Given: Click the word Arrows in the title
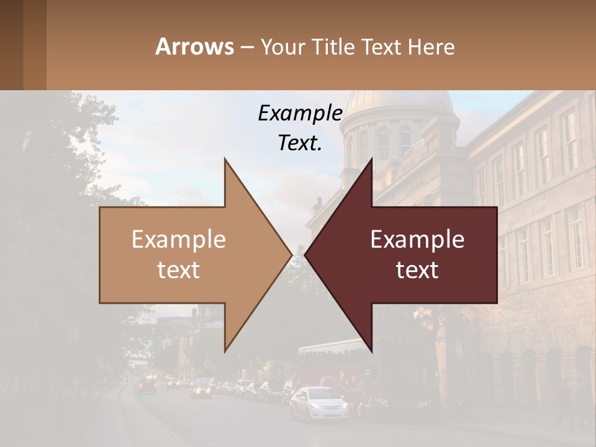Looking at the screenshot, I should click(x=194, y=47).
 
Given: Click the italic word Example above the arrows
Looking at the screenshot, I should click(x=300, y=113).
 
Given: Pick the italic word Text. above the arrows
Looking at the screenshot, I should click(x=300, y=143).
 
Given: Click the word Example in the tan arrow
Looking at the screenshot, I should click(x=179, y=240).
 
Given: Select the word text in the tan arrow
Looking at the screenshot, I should click(x=179, y=269).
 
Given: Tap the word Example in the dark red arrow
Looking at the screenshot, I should click(x=417, y=240).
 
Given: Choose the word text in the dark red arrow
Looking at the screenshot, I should click(x=417, y=269).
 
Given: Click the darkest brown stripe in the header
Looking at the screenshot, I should click(x=11, y=45).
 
